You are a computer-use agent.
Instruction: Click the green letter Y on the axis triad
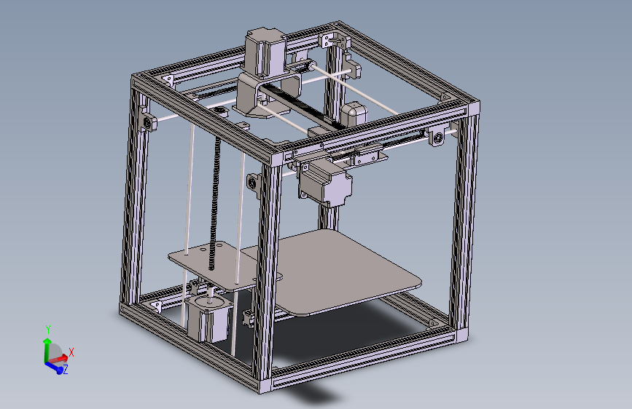click(x=47, y=330)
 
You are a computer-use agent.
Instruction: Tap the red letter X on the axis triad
click(x=71, y=352)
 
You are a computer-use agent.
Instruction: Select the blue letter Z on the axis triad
click(x=66, y=370)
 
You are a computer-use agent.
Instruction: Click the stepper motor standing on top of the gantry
click(x=263, y=51)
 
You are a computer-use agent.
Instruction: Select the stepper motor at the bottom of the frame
click(x=207, y=318)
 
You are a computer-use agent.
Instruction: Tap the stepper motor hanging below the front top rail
click(x=325, y=182)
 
